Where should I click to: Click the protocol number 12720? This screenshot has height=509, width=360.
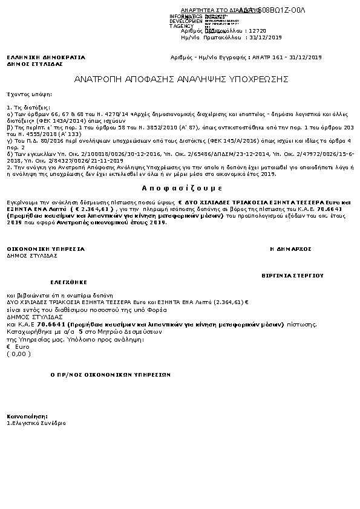257,30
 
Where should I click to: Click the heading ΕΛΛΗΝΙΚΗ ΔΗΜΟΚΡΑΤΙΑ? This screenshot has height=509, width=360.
46,57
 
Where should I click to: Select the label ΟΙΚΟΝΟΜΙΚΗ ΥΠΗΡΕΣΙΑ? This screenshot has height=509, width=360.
46,249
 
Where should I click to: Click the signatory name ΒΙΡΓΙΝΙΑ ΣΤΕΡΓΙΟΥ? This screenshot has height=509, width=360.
292,274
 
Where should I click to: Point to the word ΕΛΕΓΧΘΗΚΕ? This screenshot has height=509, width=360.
68,282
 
